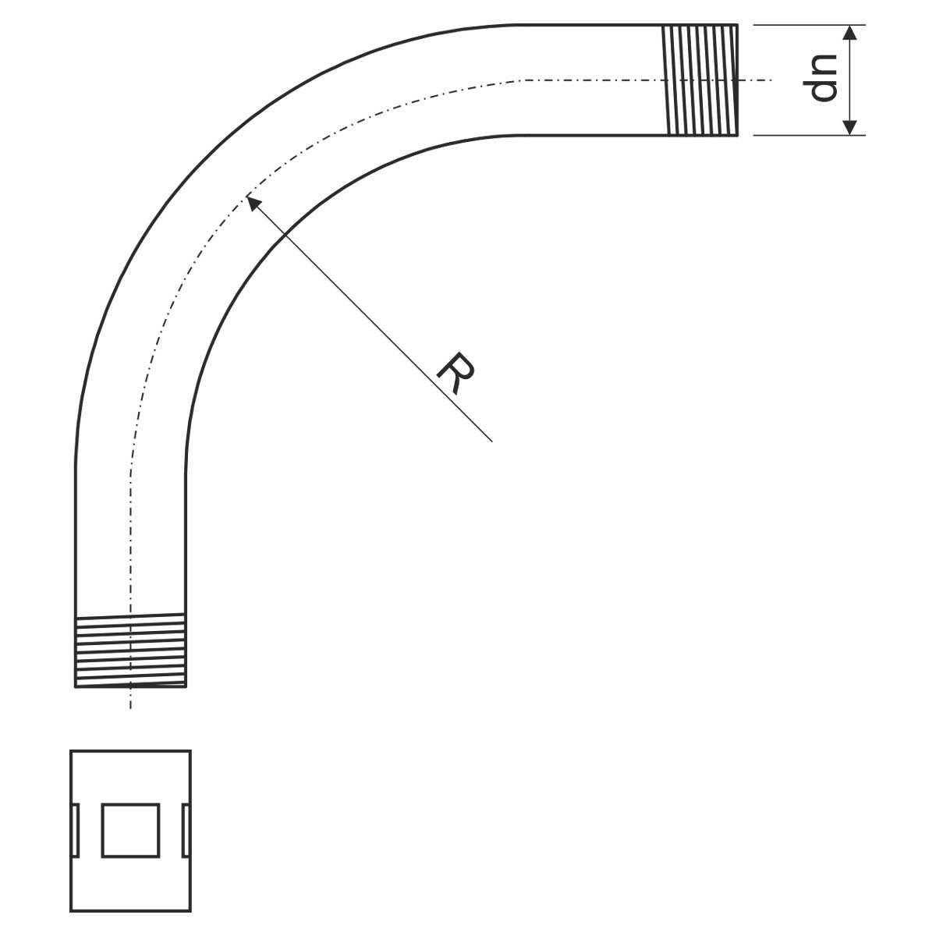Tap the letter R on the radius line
[455, 373]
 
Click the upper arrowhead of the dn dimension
[849, 33]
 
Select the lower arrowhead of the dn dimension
[849, 127]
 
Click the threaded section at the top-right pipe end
[700, 80]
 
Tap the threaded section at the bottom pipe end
[131, 650]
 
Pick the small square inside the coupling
[131, 830]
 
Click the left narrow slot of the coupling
[76, 830]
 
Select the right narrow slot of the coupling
[186, 830]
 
